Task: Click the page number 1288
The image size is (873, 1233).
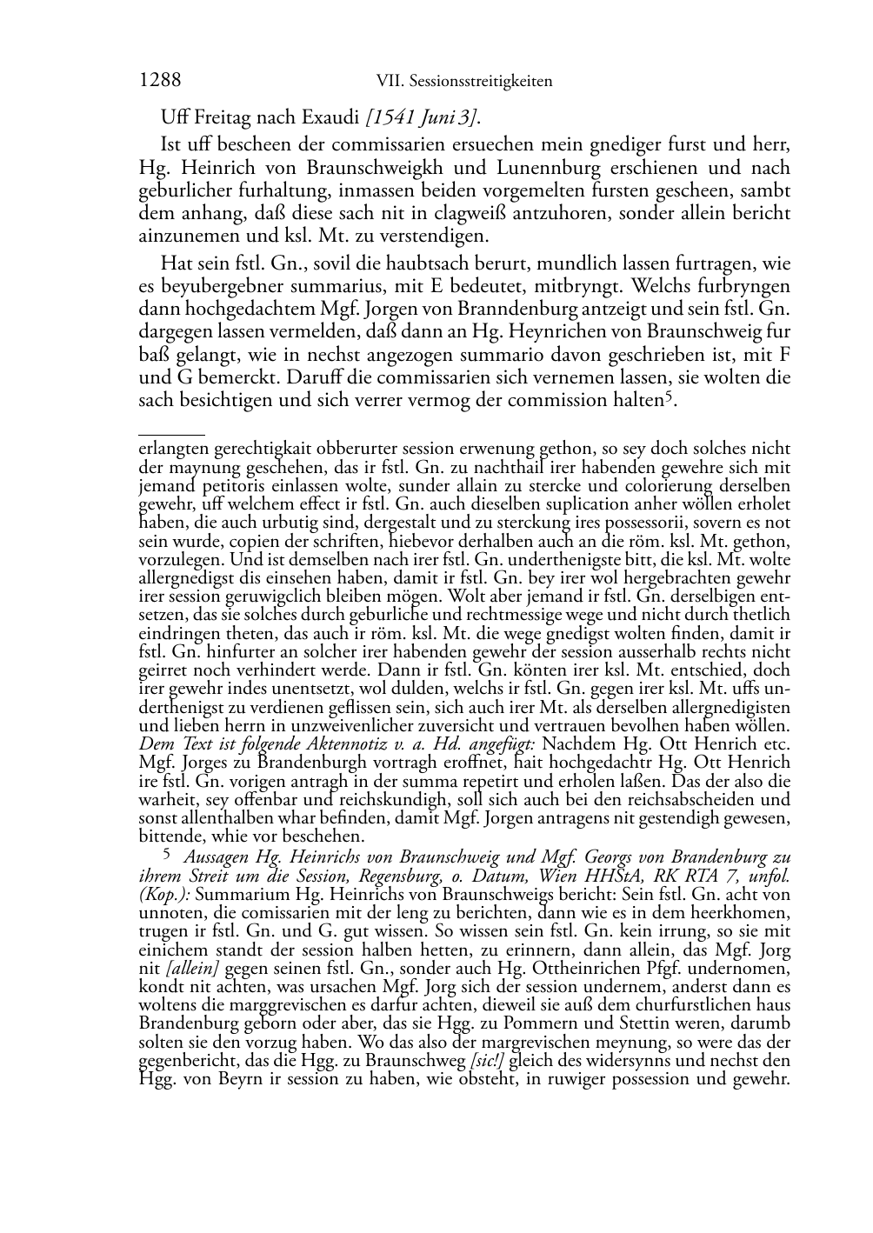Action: point(160,81)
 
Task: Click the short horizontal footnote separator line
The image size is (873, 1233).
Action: point(171,432)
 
